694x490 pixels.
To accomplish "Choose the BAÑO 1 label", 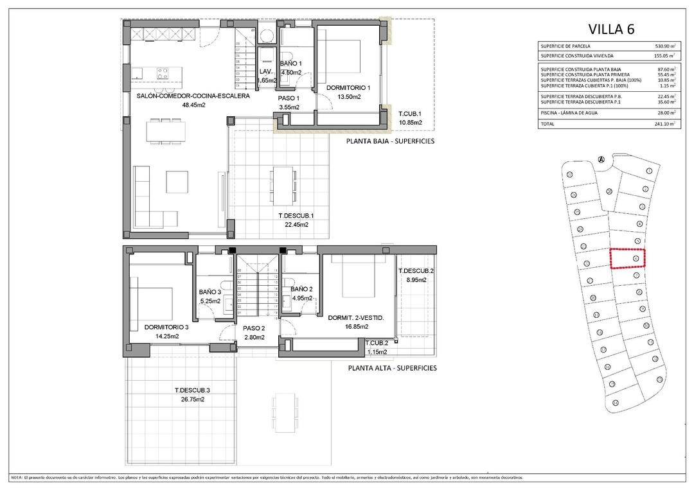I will (291, 64).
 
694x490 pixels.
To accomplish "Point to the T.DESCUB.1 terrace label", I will (296, 216).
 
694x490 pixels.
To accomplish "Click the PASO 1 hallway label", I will (289, 98).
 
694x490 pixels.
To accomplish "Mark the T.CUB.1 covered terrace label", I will (410, 112).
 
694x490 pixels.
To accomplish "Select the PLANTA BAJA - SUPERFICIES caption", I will (391, 141).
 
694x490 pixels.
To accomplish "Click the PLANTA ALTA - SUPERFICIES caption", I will (392, 368).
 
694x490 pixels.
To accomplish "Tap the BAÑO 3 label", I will (210, 291).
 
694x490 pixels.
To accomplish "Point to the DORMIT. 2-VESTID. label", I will (356, 317).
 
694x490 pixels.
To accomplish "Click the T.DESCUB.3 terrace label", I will (192, 390).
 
